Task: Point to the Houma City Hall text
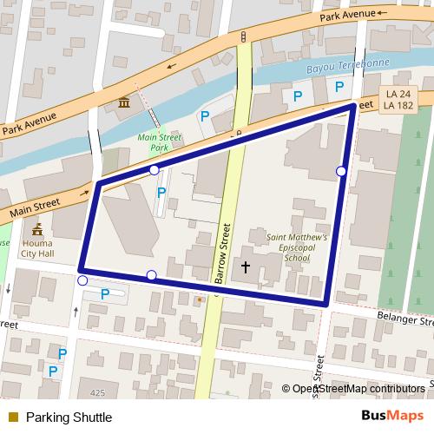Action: (x=37, y=249)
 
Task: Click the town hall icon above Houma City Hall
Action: (x=36, y=230)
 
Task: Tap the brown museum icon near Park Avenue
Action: (x=124, y=105)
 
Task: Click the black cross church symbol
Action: (x=246, y=267)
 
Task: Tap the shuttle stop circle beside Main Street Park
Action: (x=154, y=170)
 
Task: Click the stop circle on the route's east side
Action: (x=341, y=171)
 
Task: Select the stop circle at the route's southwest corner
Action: (x=82, y=280)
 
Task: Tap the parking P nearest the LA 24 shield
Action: (x=339, y=87)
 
